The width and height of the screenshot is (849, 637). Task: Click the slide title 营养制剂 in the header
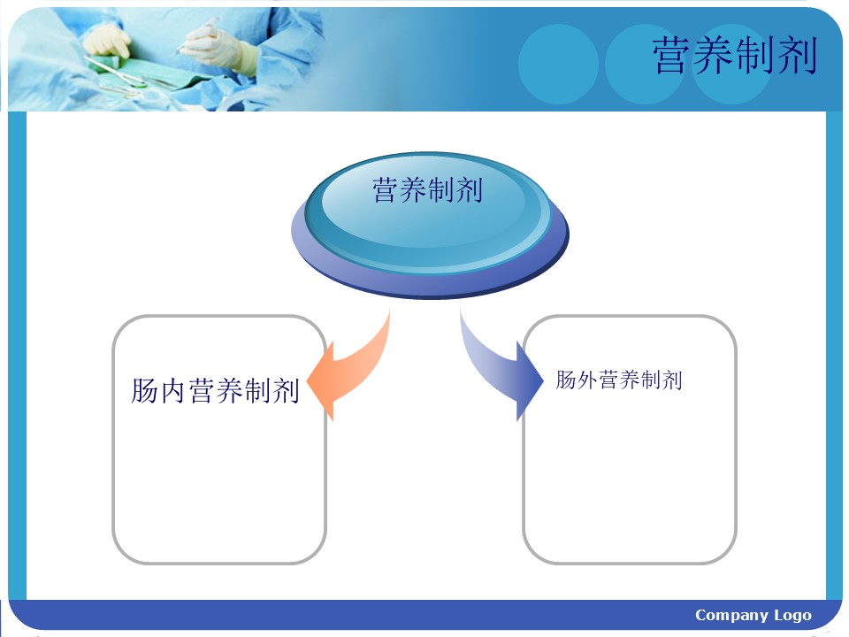735,55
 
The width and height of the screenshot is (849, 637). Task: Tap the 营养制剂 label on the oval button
427,190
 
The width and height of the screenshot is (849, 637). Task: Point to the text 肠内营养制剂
215,390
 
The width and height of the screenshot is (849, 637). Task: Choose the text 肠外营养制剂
619,380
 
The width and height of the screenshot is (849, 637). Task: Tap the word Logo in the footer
792,616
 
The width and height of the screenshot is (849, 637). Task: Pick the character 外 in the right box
587,380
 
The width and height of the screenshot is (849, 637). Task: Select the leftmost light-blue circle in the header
558,64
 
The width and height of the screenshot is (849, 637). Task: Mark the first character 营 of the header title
673,55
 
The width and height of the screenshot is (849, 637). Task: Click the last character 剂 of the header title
797,55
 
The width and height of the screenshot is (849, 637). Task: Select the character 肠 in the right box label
566,380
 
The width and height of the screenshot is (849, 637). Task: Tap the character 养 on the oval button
413,190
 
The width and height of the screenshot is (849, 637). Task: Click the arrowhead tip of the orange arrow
308,382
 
